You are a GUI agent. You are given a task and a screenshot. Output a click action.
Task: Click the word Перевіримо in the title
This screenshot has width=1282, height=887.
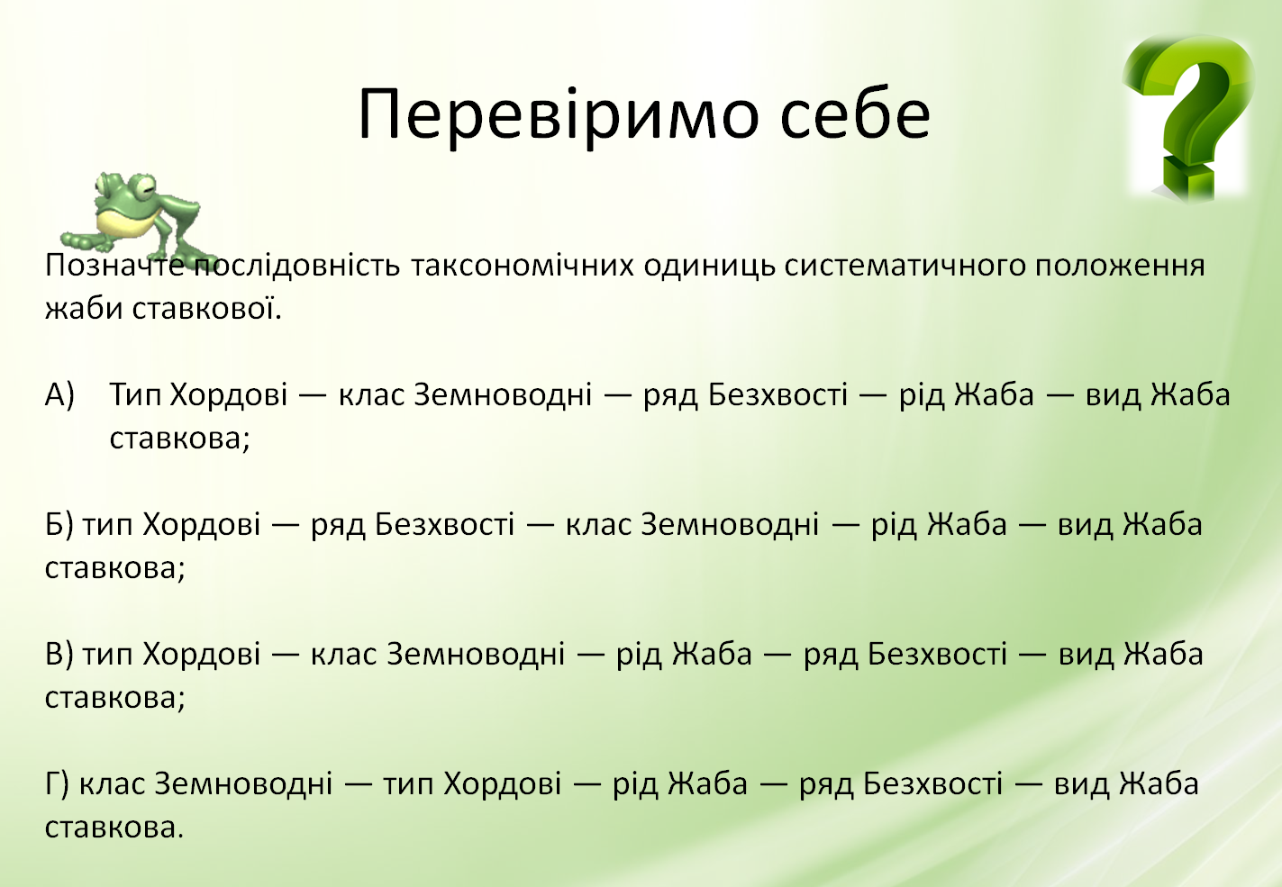point(559,115)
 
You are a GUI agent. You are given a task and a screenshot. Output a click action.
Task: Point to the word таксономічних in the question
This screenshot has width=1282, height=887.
point(523,266)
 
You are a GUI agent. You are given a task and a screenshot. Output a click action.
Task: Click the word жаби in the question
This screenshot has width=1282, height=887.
point(84,309)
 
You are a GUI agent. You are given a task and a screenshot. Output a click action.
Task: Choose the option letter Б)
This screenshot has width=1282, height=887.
point(59,525)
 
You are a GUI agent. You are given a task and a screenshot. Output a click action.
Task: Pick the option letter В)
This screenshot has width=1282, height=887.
point(59,655)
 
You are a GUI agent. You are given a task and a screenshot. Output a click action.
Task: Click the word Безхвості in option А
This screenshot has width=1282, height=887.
point(777,394)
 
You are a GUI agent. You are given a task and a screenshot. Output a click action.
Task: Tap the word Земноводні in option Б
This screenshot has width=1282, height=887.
point(730,524)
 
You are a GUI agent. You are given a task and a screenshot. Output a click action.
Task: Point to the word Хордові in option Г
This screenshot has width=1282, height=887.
point(502,783)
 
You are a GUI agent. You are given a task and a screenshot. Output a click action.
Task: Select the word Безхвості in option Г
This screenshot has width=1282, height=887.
point(932,783)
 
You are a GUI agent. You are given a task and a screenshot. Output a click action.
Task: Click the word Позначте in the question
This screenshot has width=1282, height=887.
point(114,266)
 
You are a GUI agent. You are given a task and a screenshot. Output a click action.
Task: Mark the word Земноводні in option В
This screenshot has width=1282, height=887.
point(476,653)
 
